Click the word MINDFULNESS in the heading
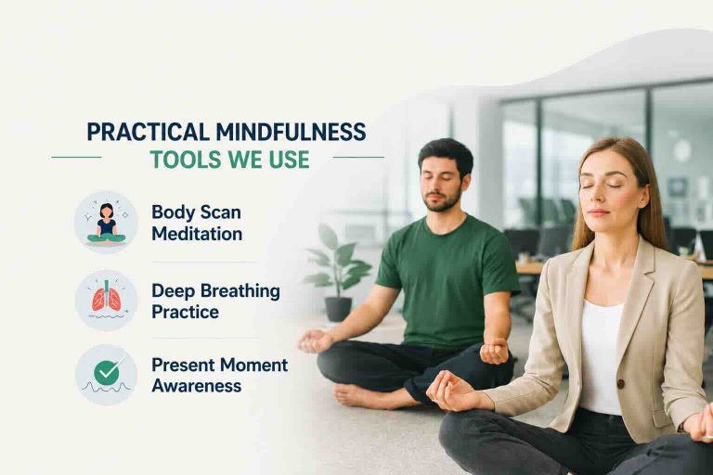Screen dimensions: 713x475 291,132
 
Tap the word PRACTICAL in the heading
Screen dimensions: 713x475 148,132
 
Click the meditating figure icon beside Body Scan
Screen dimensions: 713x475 106,222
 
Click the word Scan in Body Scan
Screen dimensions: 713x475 221,212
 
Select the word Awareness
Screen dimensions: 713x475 197,386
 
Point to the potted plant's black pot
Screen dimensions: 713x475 338,309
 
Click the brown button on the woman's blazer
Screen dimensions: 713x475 621,384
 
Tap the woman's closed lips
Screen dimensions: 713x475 599,212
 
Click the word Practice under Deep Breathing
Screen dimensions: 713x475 185,313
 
